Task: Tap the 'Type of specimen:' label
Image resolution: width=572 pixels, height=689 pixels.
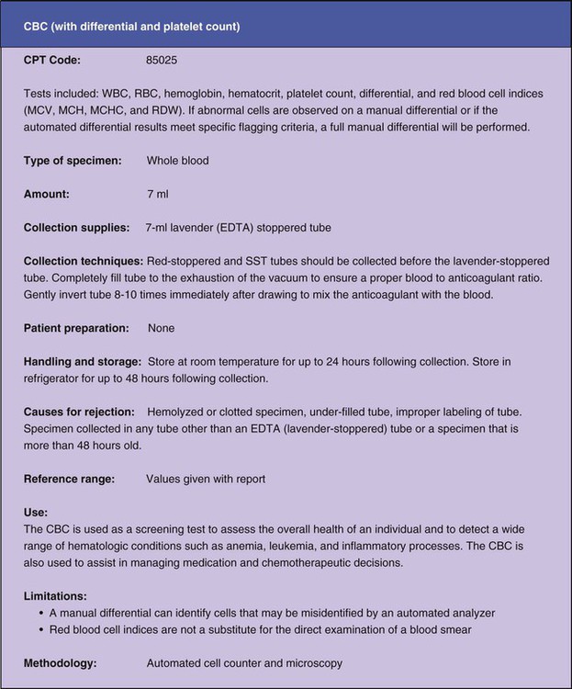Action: (72, 161)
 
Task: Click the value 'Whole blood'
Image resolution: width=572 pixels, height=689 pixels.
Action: (177, 161)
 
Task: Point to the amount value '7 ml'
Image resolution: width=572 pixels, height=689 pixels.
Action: (159, 194)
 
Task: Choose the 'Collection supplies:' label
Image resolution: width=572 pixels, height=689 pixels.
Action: (77, 227)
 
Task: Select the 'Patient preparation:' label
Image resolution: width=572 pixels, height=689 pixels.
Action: (75, 328)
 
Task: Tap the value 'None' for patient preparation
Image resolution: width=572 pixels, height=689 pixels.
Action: (161, 328)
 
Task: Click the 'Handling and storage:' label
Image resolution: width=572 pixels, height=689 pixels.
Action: (82, 362)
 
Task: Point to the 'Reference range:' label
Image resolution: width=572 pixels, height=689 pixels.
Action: (69, 479)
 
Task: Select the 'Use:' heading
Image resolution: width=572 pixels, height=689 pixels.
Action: (36, 513)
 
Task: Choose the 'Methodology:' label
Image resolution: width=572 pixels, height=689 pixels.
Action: (62, 661)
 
